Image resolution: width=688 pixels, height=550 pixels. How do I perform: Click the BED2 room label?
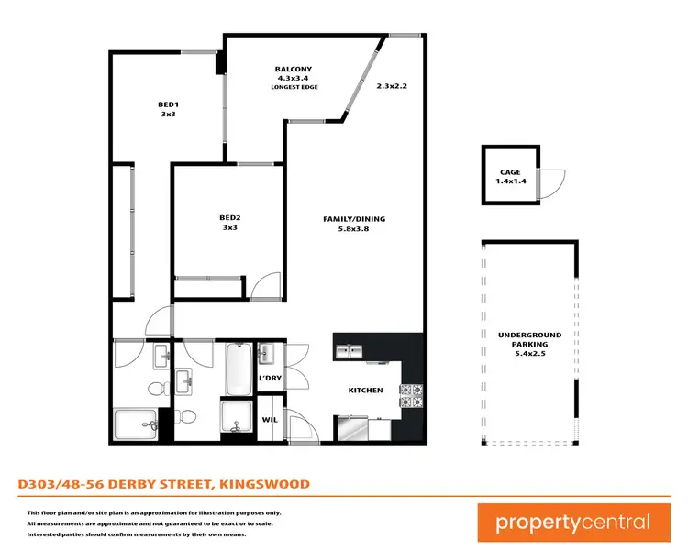pyautogui.click(x=228, y=217)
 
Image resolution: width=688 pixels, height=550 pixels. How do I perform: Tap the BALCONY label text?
pyautogui.click(x=294, y=70)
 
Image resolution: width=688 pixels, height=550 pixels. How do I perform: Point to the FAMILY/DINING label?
pyautogui.click(x=354, y=219)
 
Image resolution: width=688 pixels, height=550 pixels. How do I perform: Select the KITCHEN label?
pyautogui.click(x=365, y=390)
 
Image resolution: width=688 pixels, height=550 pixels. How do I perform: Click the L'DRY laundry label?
pyautogui.click(x=270, y=379)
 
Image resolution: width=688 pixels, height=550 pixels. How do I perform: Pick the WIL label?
pyautogui.click(x=270, y=420)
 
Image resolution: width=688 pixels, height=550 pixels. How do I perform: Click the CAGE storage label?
pyautogui.click(x=510, y=172)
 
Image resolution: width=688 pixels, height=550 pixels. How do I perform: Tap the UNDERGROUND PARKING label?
pyautogui.click(x=530, y=340)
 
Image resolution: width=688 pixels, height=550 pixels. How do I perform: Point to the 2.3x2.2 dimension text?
pyautogui.click(x=391, y=85)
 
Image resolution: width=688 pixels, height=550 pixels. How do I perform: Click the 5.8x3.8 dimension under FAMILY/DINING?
pyautogui.click(x=354, y=229)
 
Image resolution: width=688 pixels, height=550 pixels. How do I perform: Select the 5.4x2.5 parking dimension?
pyautogui.click(x=530, y=355)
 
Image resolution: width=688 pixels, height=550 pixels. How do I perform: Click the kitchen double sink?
pyautogui.click(x=349, y=350)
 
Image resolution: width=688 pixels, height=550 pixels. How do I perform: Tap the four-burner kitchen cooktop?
pyautogui.click(x=410, y=394)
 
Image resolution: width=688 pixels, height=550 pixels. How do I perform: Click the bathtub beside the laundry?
pyautogui.click(x=239, y=368)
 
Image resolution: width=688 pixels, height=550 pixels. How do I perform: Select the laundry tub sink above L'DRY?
pyautogui.click(x=267, y=354)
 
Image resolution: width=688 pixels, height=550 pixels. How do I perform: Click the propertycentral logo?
pyautogui.click(x=572, y=523)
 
